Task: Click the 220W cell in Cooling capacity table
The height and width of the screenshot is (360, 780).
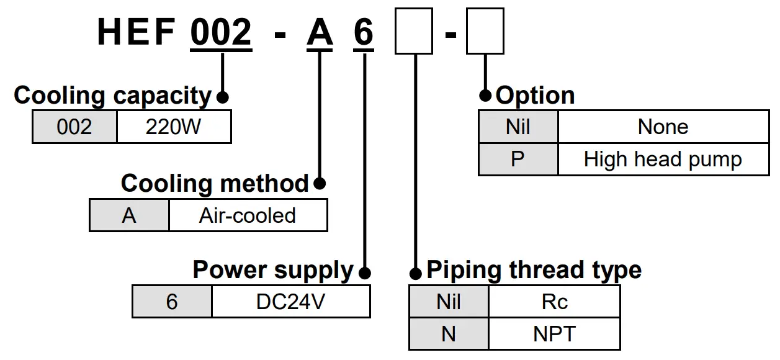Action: click(x=174, y=127)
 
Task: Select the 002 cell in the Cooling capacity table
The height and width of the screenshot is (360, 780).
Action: click(x=74, y=127)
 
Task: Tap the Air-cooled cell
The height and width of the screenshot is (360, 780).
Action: click(x=248, y=215)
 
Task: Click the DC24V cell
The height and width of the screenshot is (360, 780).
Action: click(x=290, y=302)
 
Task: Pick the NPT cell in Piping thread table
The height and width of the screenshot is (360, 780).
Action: click(x=554, y=334)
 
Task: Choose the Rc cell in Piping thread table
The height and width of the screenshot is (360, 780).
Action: click(x=554, y=302)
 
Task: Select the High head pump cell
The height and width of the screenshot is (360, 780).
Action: click(x=663, y=160)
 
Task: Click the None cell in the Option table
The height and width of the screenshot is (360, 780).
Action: click(x=663, y=127)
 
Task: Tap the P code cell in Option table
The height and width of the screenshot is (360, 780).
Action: click(x=518, y=160)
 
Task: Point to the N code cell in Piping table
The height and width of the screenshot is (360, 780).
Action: click(x=449, y=334)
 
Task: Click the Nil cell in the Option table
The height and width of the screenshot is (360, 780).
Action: click(x=518, y=127)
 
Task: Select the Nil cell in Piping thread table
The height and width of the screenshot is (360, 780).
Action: click(x=449, y=302)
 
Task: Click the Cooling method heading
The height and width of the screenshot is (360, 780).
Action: click(x=214, y=184)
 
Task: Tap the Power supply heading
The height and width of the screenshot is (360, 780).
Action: click(x=272, y=271)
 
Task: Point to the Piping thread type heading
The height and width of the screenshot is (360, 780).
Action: click(x=534, y=271)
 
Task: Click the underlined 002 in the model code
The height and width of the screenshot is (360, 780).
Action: click(x=221, y=32)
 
